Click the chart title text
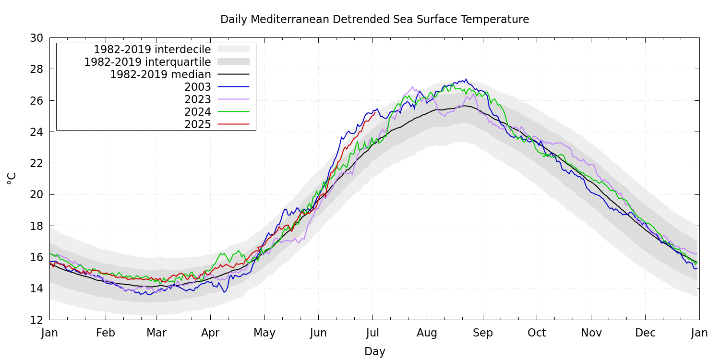point(374,20)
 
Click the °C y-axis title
point(12,179)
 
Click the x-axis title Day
point(374,351)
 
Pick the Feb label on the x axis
point(106,333)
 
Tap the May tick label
point(264,333)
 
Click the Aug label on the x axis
point(427,333)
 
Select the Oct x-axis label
point(537,333)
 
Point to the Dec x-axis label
point(645,333)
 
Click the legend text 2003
point(198,87)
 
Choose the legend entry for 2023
point(198,99)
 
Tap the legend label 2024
point(198,112)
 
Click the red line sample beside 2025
point(233,124)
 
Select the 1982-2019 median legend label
point(160,74)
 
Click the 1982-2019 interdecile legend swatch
point(233,49)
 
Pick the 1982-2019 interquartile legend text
point(147,62)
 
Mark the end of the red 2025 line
point(375,112)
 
